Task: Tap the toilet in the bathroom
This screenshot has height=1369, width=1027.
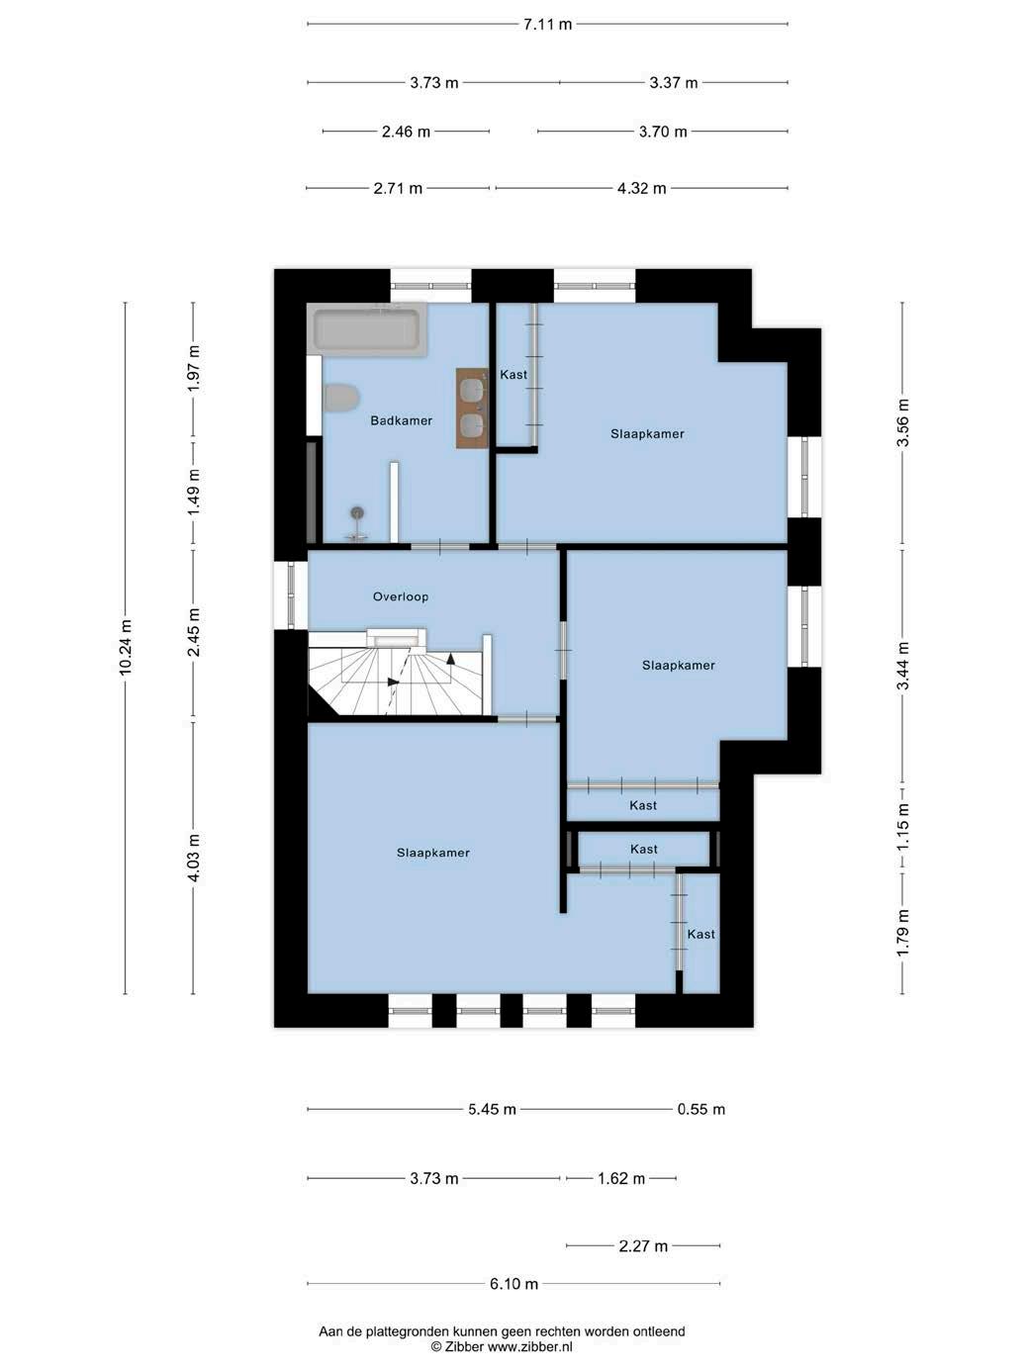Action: pyautogui.click(x=340, y=398)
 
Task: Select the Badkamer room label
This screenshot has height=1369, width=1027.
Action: pyautogui.click(x=401, y=420)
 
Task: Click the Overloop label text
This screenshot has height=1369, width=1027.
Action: pyautogui.click(x=401, y=596)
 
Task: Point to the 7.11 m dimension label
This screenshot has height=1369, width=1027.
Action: pyautogui.click(x=547, y=25)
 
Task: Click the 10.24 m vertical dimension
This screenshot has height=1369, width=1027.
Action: pyautogui.click(x=126, y=647)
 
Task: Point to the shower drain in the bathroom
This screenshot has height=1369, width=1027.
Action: pyautogui.click(x=357, y=512)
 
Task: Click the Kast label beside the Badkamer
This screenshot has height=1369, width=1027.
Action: pyautogui.click(x=513, y=374)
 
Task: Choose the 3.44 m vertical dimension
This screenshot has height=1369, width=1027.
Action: pyautogui.click(x=902, y=666)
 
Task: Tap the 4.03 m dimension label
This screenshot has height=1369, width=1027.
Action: pyautogui.click(x=194, y=858)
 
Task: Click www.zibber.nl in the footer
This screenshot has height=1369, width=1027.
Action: pyautogui.click(x=529, y=1346)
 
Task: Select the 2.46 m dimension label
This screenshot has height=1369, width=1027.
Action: pyautogui.click(x=406, y=132)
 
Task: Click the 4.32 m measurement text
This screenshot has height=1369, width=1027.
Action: pyautogui.click(x=642, y=188)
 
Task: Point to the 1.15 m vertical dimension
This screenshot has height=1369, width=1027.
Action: pyautogui.click(x=902, y=825)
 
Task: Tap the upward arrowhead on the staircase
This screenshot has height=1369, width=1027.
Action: pyautogui.click(x=450, y=658)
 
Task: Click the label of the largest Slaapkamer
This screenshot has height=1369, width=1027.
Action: pyautogui.click(x=432, y=853)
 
